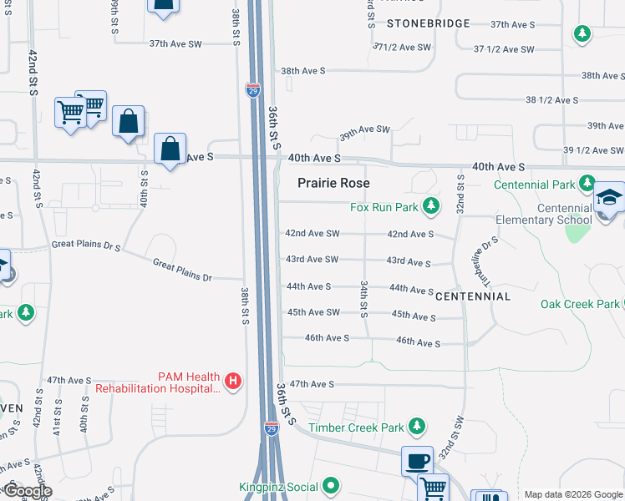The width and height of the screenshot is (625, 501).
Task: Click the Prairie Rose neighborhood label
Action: [333, 183]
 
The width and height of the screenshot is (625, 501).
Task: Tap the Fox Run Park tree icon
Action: [431, 205]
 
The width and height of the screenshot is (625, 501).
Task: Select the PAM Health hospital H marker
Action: [234, 382]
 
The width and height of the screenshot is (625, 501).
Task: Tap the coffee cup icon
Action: [416, 460]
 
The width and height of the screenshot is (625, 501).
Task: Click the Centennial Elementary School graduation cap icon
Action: [609, 198]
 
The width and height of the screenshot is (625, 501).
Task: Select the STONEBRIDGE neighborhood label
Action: [429, 23]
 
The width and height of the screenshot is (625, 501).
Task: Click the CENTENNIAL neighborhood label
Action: [473, 296]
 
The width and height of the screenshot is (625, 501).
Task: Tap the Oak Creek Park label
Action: [580, 304]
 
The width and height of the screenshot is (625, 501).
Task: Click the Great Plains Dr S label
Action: [86, 245]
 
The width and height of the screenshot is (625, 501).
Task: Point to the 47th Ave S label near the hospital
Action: [69, 380]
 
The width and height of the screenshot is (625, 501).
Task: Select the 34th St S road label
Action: [363, 299]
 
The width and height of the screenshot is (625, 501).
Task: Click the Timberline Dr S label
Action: [485, 258]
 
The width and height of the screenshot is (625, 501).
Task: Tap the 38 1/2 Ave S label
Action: [551, 100]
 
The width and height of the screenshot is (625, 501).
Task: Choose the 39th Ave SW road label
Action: [364, 130]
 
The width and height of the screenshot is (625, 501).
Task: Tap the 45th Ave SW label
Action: [313, 312]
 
